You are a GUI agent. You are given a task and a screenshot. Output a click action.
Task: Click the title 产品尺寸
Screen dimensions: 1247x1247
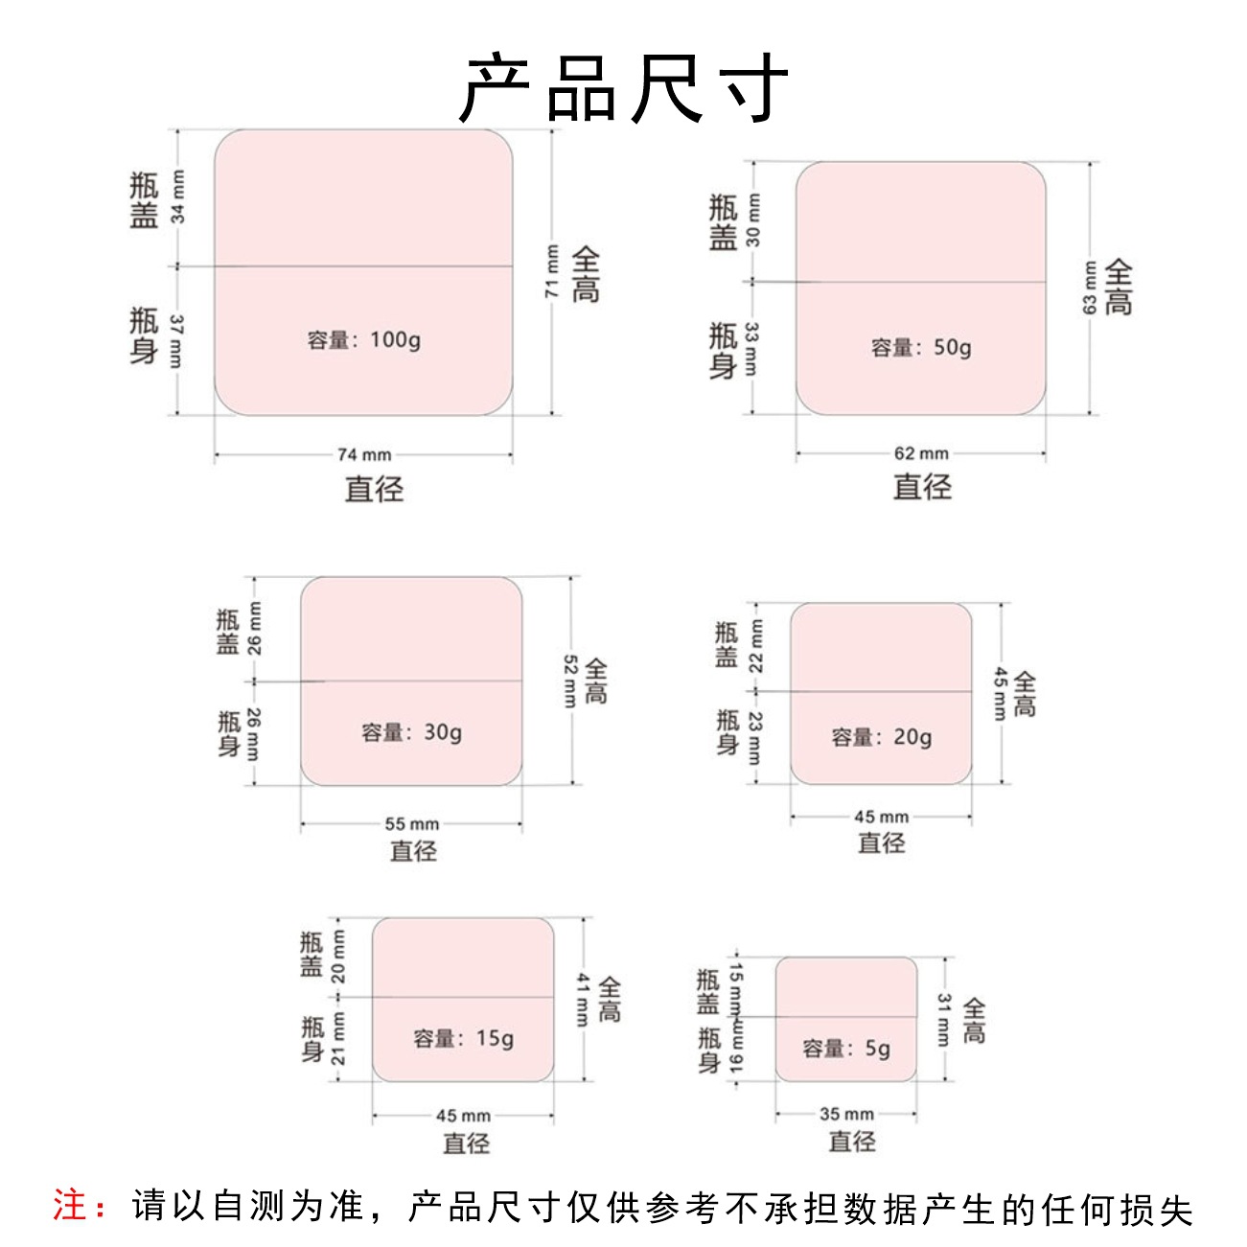click(x=623, y=89)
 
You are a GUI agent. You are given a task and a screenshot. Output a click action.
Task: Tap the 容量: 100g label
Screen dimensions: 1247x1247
click(x=364, y=340)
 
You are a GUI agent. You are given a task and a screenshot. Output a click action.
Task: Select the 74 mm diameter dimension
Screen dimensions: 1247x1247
click(x=364, y=454)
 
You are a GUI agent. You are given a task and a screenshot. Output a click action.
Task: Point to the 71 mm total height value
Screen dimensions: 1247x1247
click(x=553, y=271)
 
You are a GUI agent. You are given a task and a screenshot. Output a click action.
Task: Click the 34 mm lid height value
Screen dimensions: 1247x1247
click(x=178, y=196)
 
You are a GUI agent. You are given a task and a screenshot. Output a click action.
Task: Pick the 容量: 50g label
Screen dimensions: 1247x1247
click(x=921, y=348)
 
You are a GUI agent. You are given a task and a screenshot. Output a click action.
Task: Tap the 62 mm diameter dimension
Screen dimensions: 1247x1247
click(x=921, y=453)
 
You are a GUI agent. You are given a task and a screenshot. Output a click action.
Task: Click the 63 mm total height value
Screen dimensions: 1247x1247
click(x=1090, y=288)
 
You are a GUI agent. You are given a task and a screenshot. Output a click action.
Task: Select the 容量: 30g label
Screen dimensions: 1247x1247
click(x=412, y=733)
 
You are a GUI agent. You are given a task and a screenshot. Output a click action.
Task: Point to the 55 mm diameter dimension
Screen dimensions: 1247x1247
click(x=412, y=823)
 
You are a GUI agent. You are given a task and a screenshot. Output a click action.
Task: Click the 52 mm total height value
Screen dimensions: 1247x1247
click(x=570, y=681)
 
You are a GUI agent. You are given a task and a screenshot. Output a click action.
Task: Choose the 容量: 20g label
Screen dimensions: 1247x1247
click(x=882, y=737)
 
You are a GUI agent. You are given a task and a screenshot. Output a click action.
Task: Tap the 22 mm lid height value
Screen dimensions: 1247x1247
click(x=756, y=645)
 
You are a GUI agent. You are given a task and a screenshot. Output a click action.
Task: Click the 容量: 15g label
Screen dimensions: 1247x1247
click(x=464, y=1039)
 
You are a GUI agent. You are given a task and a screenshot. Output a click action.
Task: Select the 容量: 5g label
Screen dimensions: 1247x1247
click(x=847, y=1049)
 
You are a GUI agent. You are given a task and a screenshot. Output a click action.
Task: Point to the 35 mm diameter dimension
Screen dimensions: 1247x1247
click(x=847, y=1114)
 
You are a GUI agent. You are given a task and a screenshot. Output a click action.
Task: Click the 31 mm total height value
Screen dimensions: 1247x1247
click(x=944, y=1019)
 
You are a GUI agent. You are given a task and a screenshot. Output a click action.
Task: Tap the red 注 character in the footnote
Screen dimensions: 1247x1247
click(x=70, y=1206)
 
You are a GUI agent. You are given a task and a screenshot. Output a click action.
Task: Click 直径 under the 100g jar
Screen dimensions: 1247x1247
click(x=375, y=489)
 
